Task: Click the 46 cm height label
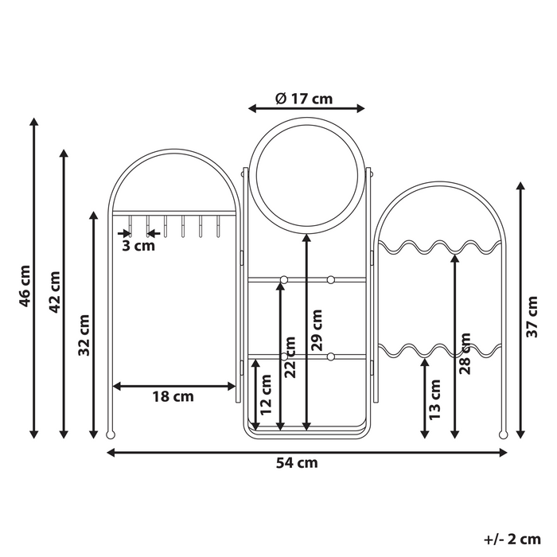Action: pyautogui.click(x=25, y=286)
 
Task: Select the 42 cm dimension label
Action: pyautogui.click(x=54, y=292)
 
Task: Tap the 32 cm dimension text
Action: pyautogui.click(x=84, y=335)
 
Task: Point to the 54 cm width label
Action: pyautogui.click(x=297, y=463)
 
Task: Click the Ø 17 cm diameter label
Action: pyautogui.click(x=304, y=99)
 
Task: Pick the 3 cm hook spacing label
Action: pyautogui.click(x=138, y=245)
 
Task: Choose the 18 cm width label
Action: pyautogui.click(x=173, y=396)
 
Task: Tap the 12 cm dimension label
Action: pyautogui.click(x=266, y=395)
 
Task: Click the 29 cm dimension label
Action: pyautogui.click(x=317, y=330)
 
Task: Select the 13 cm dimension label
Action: pyautogui.click(x=434, y=399)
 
